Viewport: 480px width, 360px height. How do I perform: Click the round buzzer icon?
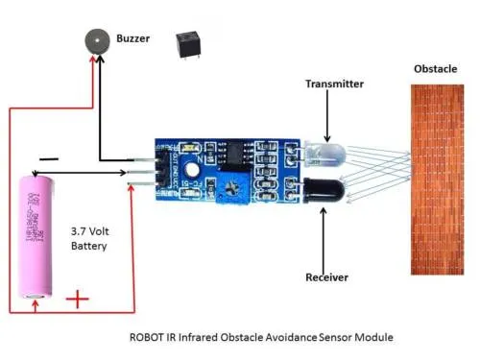coord(94,40)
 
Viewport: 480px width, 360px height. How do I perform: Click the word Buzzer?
coord(133,38)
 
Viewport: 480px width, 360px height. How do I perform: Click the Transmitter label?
coord(334,84)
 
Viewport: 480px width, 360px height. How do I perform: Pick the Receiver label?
coord(326,276)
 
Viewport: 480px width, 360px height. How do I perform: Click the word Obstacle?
coord(436,69)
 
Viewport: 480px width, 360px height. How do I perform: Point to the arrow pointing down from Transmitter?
coord(326,115)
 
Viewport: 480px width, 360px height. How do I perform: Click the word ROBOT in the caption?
coord(150,338)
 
